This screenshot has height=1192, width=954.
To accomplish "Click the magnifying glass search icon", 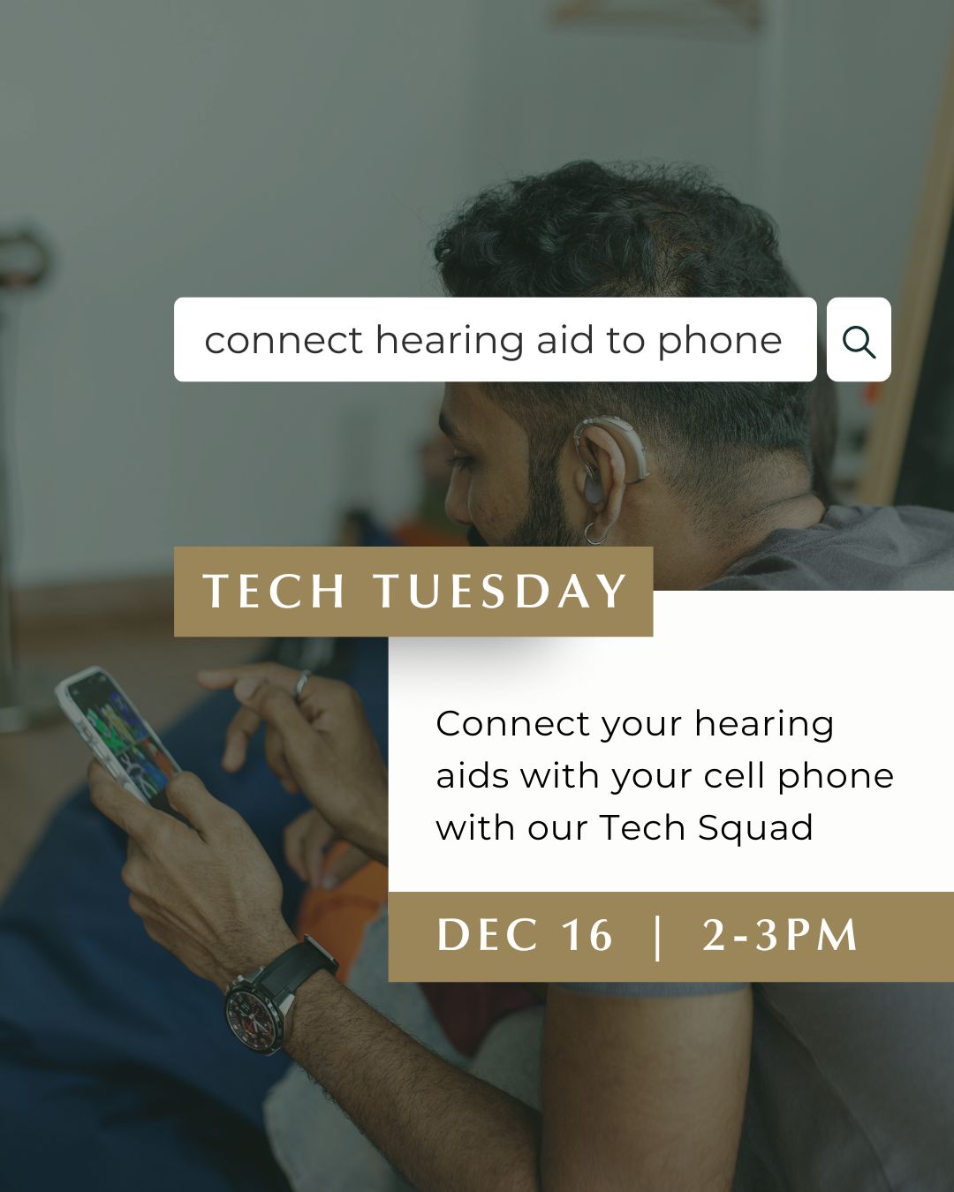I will coord(859,341).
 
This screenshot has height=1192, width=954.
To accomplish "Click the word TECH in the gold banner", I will coord(274,592).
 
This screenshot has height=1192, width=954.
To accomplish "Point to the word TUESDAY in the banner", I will coord(500,592).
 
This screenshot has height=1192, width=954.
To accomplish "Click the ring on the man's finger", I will coord(302,683).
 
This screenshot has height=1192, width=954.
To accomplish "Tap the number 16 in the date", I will coord(587,936).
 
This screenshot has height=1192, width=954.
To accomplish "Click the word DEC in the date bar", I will coord(488,936).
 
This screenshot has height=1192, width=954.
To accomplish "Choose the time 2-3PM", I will coord(780,936).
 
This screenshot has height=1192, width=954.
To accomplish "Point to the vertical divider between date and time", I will coord(657,937).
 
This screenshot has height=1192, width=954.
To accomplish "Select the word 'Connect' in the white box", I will coord(513,724).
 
